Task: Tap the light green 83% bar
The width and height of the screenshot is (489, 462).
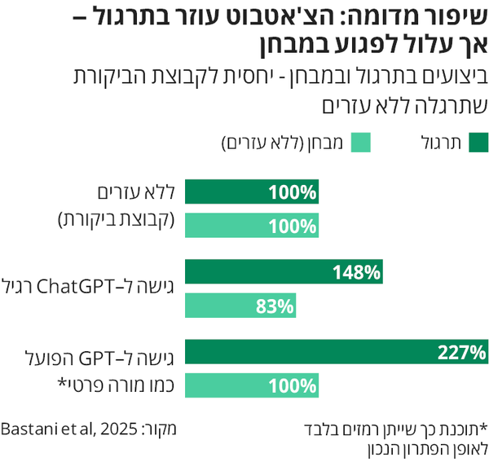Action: (240, 306)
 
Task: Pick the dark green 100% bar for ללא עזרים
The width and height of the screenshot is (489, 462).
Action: (252, 192)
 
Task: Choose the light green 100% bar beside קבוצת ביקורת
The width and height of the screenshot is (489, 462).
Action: (252, 227)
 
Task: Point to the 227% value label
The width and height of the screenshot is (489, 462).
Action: (461, 353)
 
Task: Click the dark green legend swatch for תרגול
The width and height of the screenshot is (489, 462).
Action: (478, 143)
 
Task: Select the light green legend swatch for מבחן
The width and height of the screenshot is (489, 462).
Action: (361, 143)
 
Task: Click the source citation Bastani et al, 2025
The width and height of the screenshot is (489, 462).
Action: (66, 427)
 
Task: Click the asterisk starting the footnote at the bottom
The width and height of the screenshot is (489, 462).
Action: (482, 427)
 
